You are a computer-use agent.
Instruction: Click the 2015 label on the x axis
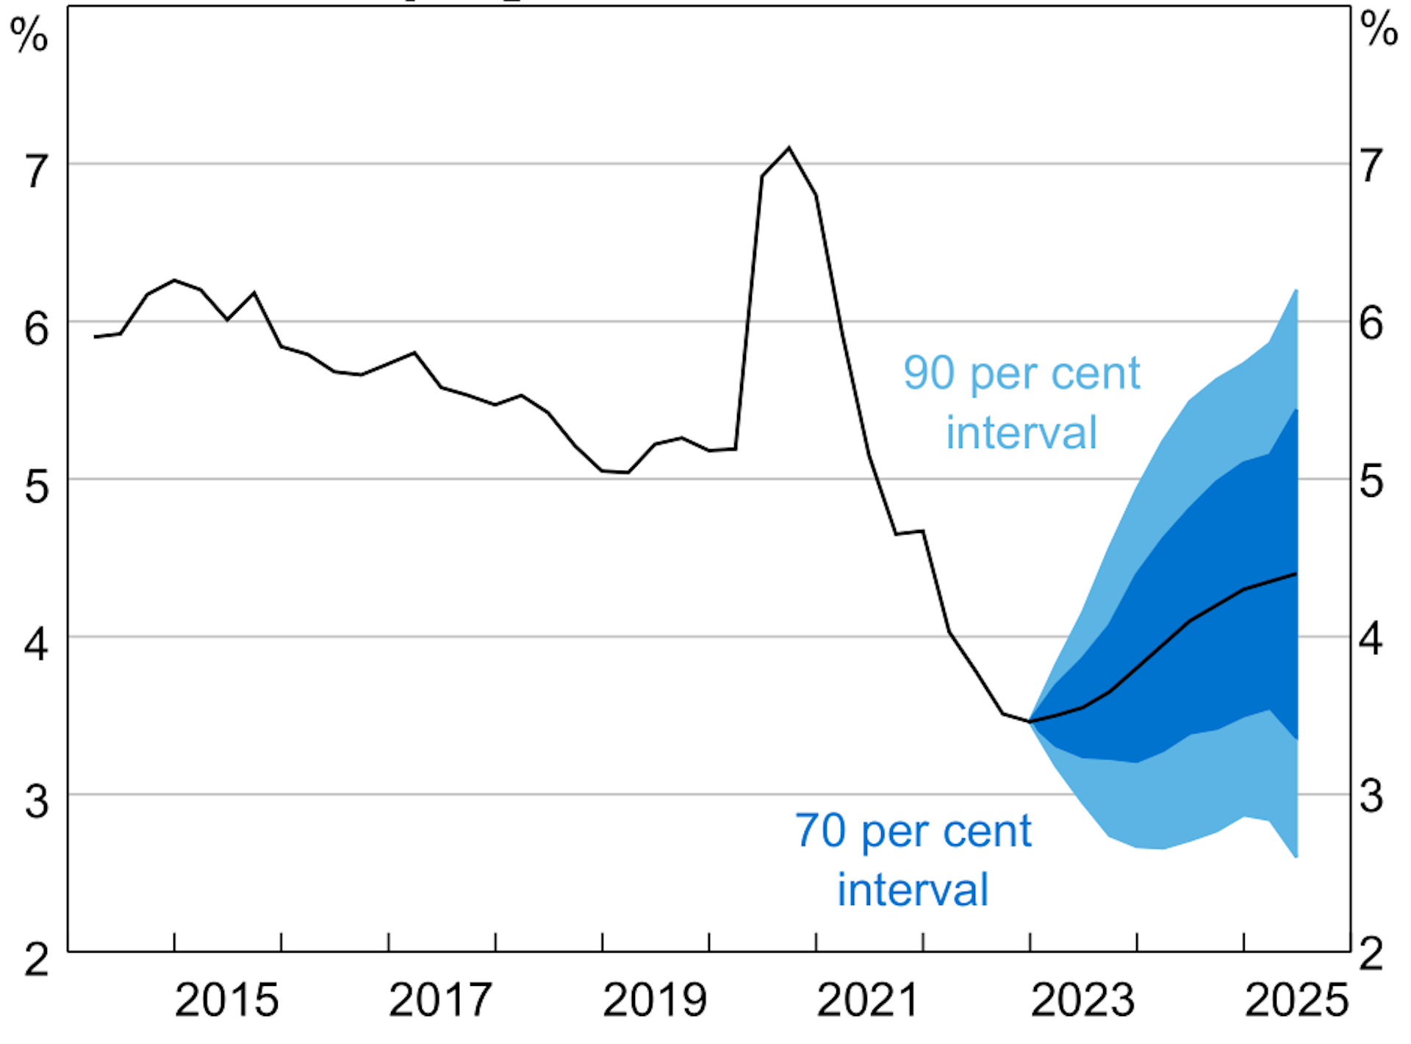pos(226,1000)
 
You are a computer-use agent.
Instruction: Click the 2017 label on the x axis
pos(440,1000)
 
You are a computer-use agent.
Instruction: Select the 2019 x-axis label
pos(654,1000)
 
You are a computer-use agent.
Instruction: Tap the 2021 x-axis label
pos(868,1000)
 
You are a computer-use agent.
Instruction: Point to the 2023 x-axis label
pos(1083,1000)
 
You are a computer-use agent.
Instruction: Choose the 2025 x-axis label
pos(1296,1000)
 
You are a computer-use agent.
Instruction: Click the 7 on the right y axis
pos(1371,166)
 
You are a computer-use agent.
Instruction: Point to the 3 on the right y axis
pos(1371,796)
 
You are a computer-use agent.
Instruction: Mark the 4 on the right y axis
pos(1371,639)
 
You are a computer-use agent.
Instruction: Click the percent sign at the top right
pos(1379,29)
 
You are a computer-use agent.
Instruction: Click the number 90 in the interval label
pos(929,373)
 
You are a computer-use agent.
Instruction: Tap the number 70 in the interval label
pos(820,831)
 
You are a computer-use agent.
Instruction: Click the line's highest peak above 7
pos(789,148)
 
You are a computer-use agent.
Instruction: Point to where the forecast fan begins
pos(1030,721)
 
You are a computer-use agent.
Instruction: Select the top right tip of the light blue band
pos(1296,290)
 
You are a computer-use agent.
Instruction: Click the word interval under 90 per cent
pos(1021,432)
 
